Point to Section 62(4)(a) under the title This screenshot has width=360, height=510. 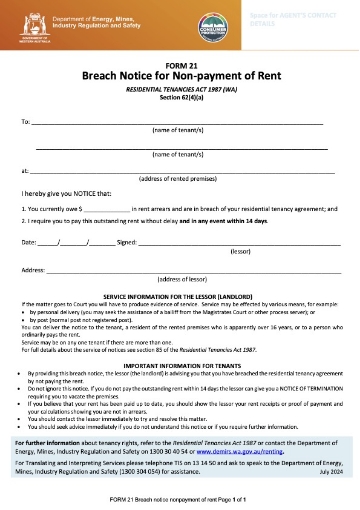[x=179, y=97]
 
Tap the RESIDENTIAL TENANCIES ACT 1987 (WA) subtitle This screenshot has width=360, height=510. [x=179, y=89]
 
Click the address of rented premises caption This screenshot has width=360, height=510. [x=179, y=179]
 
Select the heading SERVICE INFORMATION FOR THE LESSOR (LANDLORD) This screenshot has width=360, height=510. [x=179, y=299]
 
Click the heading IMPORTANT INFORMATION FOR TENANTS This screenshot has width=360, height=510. [x=179, y=366]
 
